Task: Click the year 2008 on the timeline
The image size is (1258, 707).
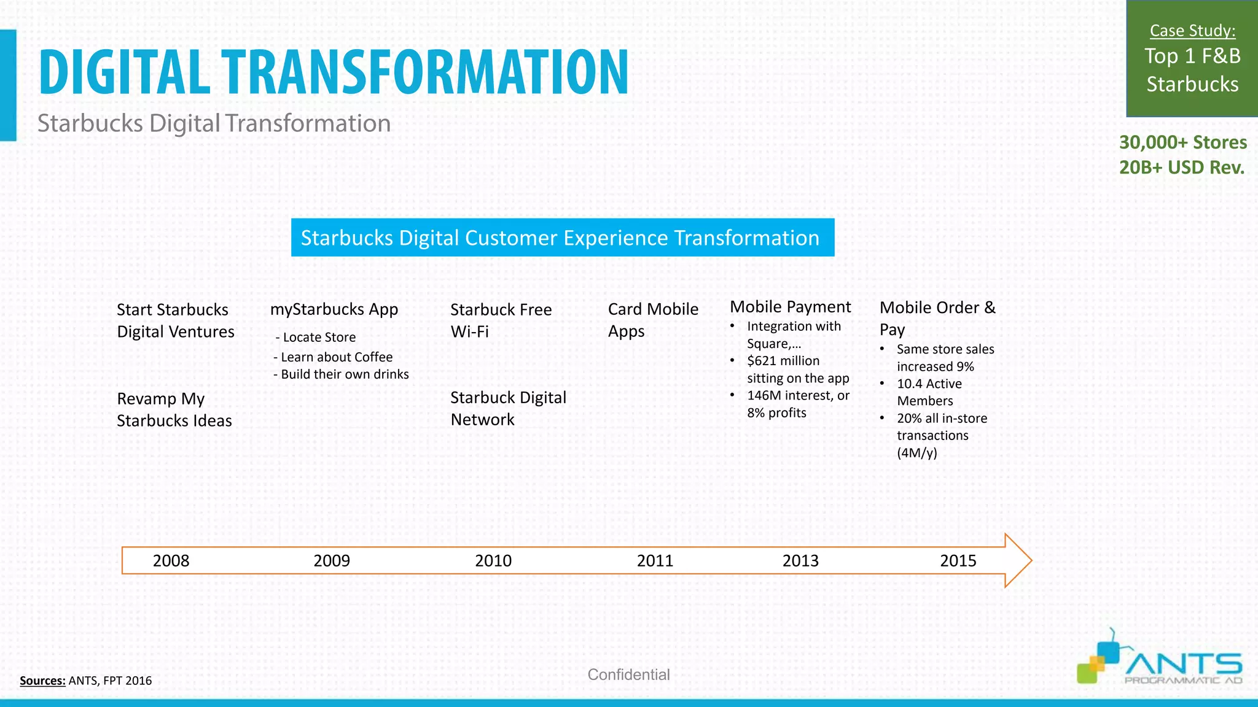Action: [x=171, y=560]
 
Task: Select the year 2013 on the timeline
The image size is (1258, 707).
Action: [x=800, y=560]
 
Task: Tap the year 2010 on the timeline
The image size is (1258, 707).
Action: [x=493, y=560]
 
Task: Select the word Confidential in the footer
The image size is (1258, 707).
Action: [x=628, y=674]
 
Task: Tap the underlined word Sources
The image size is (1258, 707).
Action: [x=42, y=681]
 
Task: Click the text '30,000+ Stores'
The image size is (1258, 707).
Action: [x=1182, y=142]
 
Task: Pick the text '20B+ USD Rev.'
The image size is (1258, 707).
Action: [x=1181, y=168]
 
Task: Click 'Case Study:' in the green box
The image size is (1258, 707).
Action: [x=1192, y=31]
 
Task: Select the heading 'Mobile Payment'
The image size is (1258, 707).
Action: [x=790, y=307]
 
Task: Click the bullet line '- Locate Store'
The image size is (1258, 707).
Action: [x=316, y=338]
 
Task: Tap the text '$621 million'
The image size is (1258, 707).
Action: [x=783, y=361]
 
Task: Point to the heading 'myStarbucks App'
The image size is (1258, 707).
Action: [x=334, y=309]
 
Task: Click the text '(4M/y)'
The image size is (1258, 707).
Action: [x=916, y=453]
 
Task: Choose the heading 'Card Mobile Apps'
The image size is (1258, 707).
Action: [x=652, y=320]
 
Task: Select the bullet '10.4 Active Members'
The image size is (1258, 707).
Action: [x=929, y=392]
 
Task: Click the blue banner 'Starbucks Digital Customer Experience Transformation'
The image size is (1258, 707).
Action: [x=562, y=238]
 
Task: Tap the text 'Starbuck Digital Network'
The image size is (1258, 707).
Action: [x=508, y=409]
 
